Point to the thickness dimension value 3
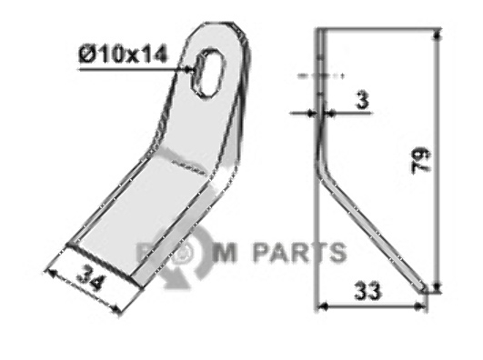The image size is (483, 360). [361, 104]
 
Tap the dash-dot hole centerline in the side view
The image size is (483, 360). [313, 73]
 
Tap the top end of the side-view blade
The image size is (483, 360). [319, 33]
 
